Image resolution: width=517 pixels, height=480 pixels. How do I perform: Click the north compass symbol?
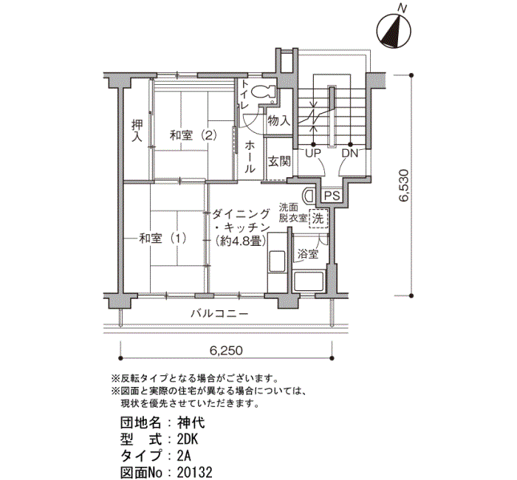[x=394, y=32]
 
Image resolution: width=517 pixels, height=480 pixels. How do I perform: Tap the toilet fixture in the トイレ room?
[x=264, y=92]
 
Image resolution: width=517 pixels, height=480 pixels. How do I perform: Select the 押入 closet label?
[x=137, y=130]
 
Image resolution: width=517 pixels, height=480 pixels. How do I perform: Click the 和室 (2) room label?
[x=194, y=135]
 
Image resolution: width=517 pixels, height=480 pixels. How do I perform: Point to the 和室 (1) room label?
[x=162, y=239]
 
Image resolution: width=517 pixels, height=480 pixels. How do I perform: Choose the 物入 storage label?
[x=279, y=120]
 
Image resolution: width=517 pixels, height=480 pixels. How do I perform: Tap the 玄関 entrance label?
[x=279, y=162]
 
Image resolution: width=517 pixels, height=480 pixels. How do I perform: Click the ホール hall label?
[x=250, y=157]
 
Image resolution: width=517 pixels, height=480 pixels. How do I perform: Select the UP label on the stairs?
[x=313, y=154]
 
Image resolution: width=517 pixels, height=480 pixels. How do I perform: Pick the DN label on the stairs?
[x=350, y=154]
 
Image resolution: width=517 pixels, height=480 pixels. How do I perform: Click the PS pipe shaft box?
[x=332, y=196]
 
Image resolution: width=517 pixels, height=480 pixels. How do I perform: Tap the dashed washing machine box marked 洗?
[x=318, y=219]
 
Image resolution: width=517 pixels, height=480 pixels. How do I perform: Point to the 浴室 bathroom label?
[x=308, y=254]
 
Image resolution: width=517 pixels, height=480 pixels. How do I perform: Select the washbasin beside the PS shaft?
[x=309, y=196]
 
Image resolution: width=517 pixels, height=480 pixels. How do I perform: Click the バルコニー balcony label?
[x=219, y=313]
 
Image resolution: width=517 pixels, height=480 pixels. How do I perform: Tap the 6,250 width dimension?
[x=226, y=351]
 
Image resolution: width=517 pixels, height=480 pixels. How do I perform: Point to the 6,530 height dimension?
[x=403, y=185]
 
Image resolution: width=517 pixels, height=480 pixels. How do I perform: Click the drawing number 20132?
[x=194, y=473]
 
